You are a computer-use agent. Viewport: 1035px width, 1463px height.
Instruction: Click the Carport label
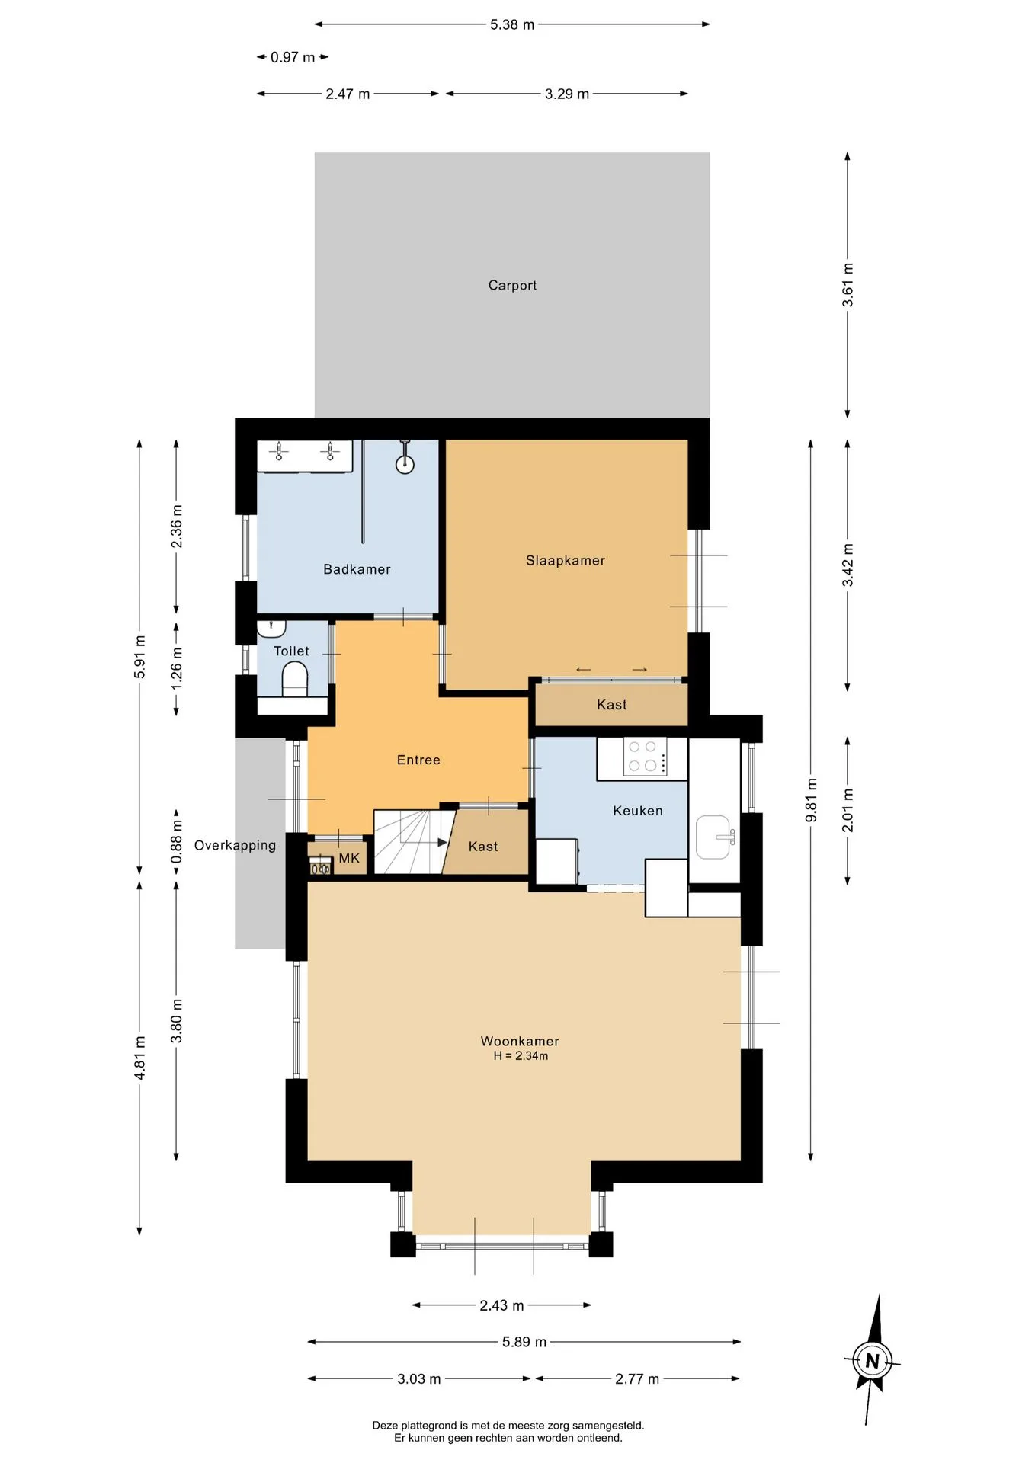(x=512, y=285)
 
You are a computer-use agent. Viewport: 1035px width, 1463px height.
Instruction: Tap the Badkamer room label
(x=357, y=569)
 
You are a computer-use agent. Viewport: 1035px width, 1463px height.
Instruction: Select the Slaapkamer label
(x=566, y=561)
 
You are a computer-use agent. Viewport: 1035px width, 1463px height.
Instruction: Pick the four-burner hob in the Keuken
(x=644, y=757)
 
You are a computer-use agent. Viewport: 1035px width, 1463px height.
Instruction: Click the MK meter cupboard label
(x=349, y=859)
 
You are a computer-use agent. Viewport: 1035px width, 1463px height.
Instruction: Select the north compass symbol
(x=873, y=1360)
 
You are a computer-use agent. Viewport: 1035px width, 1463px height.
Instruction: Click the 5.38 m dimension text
(x=512, y=24)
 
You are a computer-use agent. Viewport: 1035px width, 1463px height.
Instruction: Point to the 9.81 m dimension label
(x=811, y=800)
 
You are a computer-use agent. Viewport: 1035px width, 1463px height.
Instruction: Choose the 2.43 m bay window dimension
(x=501, y=1305)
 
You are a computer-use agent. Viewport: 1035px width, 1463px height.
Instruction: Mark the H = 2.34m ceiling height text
(x=521, y=1056)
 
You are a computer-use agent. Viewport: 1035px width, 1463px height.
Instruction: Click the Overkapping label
(x=235, y=845)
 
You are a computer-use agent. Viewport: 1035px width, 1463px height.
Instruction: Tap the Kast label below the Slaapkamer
(x=612, y=705)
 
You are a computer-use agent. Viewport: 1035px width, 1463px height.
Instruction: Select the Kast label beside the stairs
(x=483, y=847)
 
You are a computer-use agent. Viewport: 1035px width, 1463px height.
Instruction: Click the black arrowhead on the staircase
(x=442, y=843)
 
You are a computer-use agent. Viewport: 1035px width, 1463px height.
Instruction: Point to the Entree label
(x=418, y=760)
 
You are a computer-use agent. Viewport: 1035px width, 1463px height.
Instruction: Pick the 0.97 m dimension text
(x=293, y=57)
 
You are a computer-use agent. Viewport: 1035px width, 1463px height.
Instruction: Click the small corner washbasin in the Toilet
(x=271, y=628)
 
